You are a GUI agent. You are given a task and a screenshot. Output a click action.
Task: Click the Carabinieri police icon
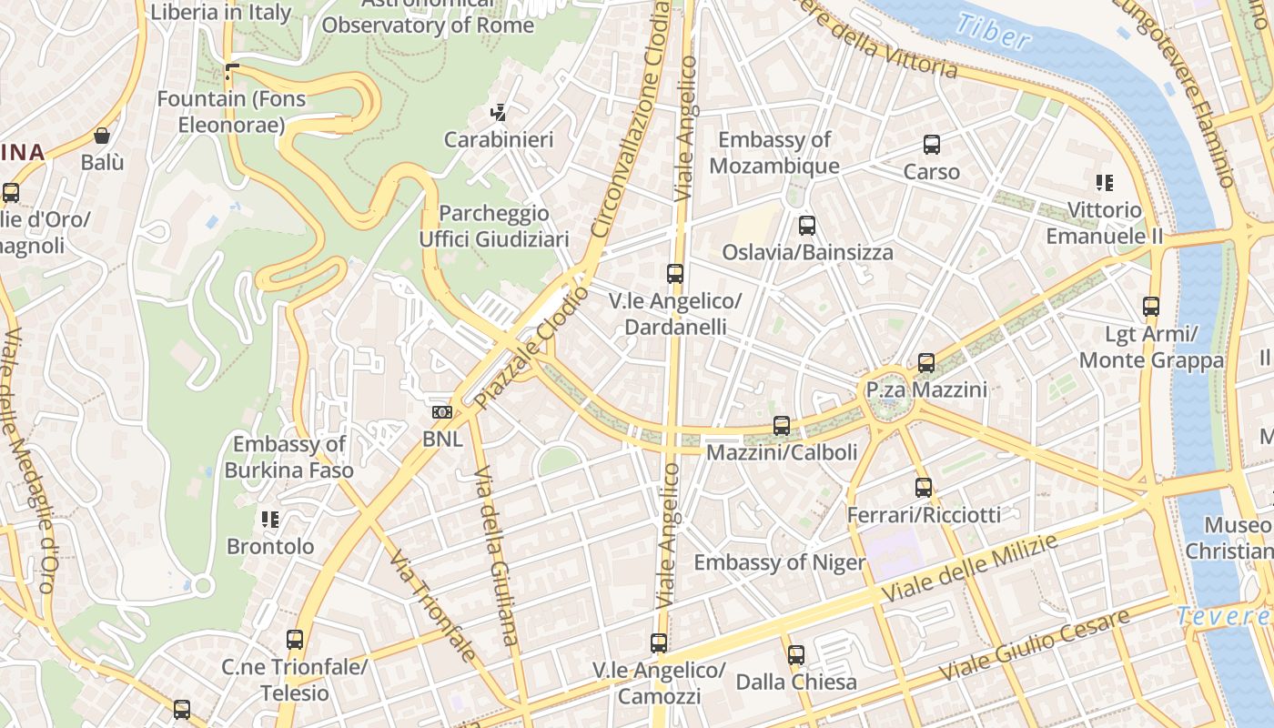click(498, 114)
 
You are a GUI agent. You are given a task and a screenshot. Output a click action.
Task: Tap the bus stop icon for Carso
click(932, 145)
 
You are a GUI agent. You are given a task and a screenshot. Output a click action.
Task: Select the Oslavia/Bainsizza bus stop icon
click(806, 226)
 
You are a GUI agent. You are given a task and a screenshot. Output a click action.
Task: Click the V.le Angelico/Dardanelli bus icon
click(674, 274)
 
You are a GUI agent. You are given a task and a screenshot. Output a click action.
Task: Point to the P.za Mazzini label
click(926, 389)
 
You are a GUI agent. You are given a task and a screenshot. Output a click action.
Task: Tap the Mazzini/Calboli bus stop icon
click(782, 426)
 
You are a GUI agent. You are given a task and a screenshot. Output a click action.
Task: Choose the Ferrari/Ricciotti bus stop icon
click(924, 488)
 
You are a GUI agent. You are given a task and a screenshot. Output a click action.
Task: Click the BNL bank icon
click(442, 412)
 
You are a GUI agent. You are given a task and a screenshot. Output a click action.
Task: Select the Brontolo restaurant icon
click(270, 520)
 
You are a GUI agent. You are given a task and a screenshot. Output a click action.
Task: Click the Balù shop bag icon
click(102, 136)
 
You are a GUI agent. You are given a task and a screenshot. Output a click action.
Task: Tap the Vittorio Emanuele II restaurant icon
click(1105, 183)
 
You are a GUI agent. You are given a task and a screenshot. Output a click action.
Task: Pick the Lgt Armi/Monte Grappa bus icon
click(1151, 307)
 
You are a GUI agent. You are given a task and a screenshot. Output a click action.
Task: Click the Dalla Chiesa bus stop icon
click(796, 655)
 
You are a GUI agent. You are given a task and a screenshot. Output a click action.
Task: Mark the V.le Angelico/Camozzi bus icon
click(659, 643)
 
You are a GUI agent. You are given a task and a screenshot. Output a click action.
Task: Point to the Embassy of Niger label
click(780, 562)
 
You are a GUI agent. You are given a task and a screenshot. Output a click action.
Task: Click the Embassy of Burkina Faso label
click(289, 457)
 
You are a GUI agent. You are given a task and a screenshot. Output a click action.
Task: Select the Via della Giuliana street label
click(496, 569)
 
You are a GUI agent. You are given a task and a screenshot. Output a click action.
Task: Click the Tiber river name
click(993, 32)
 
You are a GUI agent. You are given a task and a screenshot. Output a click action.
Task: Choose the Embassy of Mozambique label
click(774, 153)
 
